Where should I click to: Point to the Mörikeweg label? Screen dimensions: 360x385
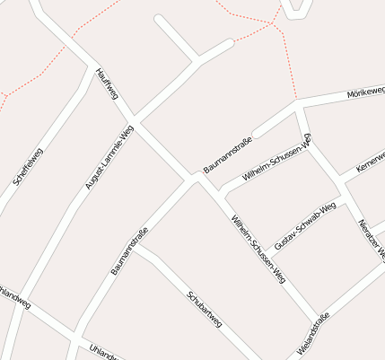click(365, 92)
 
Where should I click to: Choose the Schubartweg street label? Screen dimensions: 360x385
click(204, 308)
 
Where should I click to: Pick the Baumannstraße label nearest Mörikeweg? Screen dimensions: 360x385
click(228, 154)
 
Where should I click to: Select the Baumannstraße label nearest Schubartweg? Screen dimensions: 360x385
click(129, 251)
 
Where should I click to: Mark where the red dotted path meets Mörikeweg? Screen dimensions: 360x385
click(296, 101)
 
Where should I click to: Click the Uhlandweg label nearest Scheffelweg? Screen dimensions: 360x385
click(15, 295)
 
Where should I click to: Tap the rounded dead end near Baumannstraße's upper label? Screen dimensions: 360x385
click(255, 133)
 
